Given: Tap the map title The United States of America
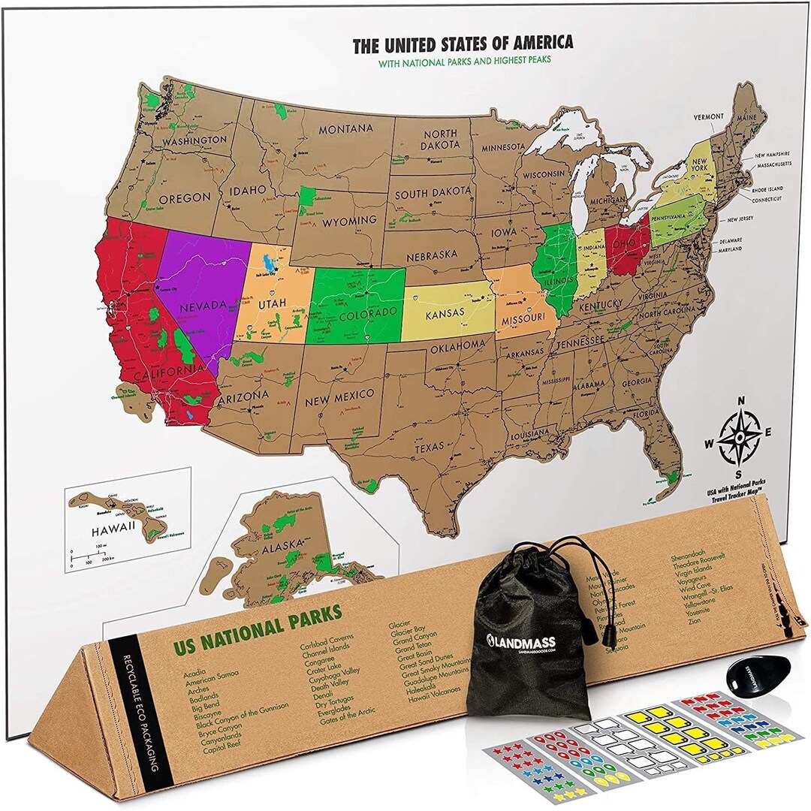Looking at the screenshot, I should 463,44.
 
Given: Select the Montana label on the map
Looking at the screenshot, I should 345,129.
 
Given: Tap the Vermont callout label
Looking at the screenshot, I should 708,116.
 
